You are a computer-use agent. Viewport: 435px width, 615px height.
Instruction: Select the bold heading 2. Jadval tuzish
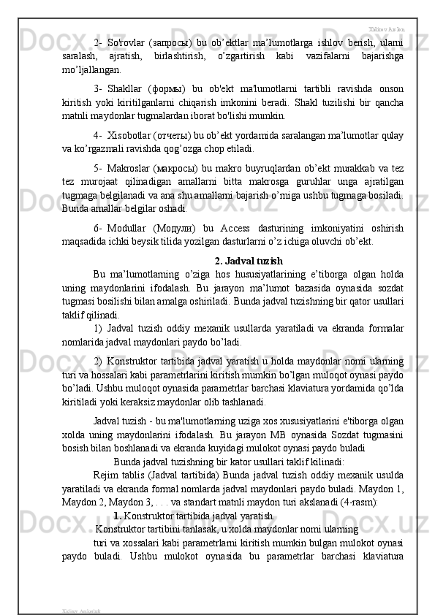tap(249, 261)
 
